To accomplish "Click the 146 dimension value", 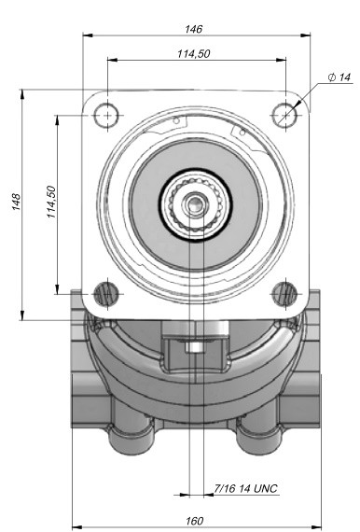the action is click(194, 29).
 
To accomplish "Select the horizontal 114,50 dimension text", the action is click(194, 53).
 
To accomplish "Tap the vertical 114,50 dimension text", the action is click(51, 202).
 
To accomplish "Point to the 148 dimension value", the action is click(16, 202).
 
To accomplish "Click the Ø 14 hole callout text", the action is click(339, 77).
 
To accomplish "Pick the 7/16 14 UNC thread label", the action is click(246, 488).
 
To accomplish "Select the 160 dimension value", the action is click(195, 521).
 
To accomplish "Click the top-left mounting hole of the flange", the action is click(107, 116).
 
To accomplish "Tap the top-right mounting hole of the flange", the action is click(285, 116).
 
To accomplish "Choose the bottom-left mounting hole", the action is click(107, 294).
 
